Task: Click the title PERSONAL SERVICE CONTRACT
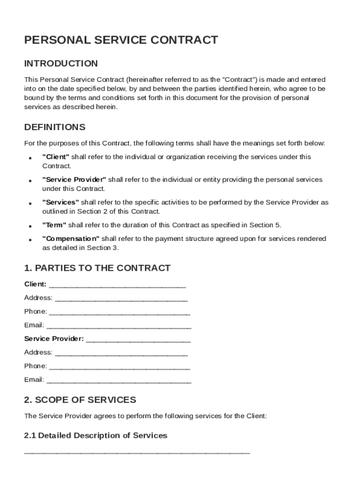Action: click(121, 40)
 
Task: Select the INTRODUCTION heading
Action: click(61, 64)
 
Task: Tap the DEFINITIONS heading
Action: click(55, 127)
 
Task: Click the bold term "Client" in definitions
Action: click(56, 157)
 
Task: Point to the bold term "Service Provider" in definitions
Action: click(74, 180)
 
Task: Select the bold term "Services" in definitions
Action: click(61, 203)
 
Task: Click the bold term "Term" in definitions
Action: click(54, 225)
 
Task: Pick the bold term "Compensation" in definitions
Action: click(71, 239)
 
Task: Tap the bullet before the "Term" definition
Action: click(30, 226)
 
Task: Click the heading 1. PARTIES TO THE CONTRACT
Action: click(97, 268)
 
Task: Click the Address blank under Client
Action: click(121, 299)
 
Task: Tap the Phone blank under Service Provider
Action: click(119, 367)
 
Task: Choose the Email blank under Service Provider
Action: click(119, 381)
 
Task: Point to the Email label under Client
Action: click(34, 325)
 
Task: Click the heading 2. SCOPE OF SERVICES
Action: click(80, 400)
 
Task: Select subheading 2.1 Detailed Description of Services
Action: click(95, 435)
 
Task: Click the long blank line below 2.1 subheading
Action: click(137, 453)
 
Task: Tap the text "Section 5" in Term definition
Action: click(266, 225)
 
